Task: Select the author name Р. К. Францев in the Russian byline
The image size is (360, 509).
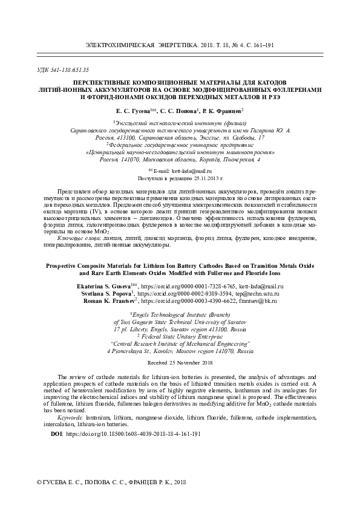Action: [x=221, y=111]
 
